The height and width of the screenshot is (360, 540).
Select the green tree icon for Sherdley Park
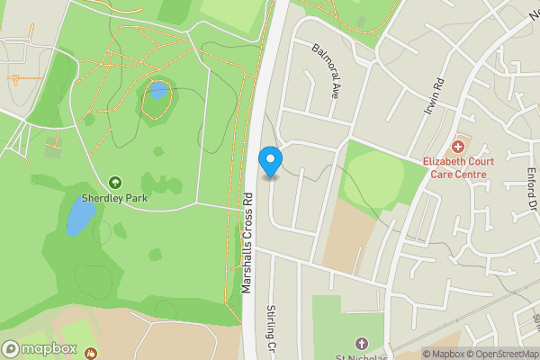(x=115, y=183)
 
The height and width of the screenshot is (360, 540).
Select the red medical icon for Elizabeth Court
(x=457, y=146)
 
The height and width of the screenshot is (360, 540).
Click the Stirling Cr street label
(x=271, y=329)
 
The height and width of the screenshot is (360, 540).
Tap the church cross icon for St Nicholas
(x=361, y=344)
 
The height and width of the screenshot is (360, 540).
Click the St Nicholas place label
(x=361, y=356)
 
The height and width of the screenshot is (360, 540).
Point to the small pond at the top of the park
(x=157, y=90)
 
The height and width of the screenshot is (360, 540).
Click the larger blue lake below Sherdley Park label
(x=79, y=217)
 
